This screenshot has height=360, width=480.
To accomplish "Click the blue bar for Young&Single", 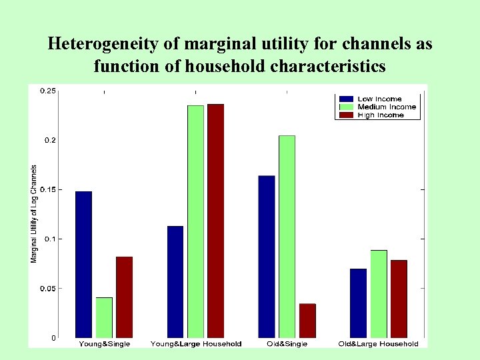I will pos(83,264).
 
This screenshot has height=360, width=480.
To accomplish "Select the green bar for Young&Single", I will pos(104,317).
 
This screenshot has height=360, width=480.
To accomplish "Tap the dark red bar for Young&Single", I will pos(124,297).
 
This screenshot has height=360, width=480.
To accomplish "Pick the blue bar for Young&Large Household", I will pos(175,281).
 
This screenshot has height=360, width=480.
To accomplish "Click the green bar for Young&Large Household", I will pos(195,221).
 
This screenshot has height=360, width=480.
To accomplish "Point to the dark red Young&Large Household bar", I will pos(216,221).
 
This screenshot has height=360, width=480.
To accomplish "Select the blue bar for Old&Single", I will pos(267,256).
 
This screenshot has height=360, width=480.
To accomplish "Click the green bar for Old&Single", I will pos(287,236).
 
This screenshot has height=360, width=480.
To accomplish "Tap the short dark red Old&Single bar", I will pos(307,321).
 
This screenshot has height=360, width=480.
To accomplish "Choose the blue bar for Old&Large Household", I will pos(358,303).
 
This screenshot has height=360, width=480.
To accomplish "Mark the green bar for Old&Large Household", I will pos(379,293).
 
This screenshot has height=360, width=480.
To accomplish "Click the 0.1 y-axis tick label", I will pos(49,239).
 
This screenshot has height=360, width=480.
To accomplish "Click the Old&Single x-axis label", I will pos(287,344).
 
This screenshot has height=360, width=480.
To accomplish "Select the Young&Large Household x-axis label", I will pos(196,344).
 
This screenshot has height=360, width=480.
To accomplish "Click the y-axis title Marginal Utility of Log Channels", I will pos(34,213).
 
